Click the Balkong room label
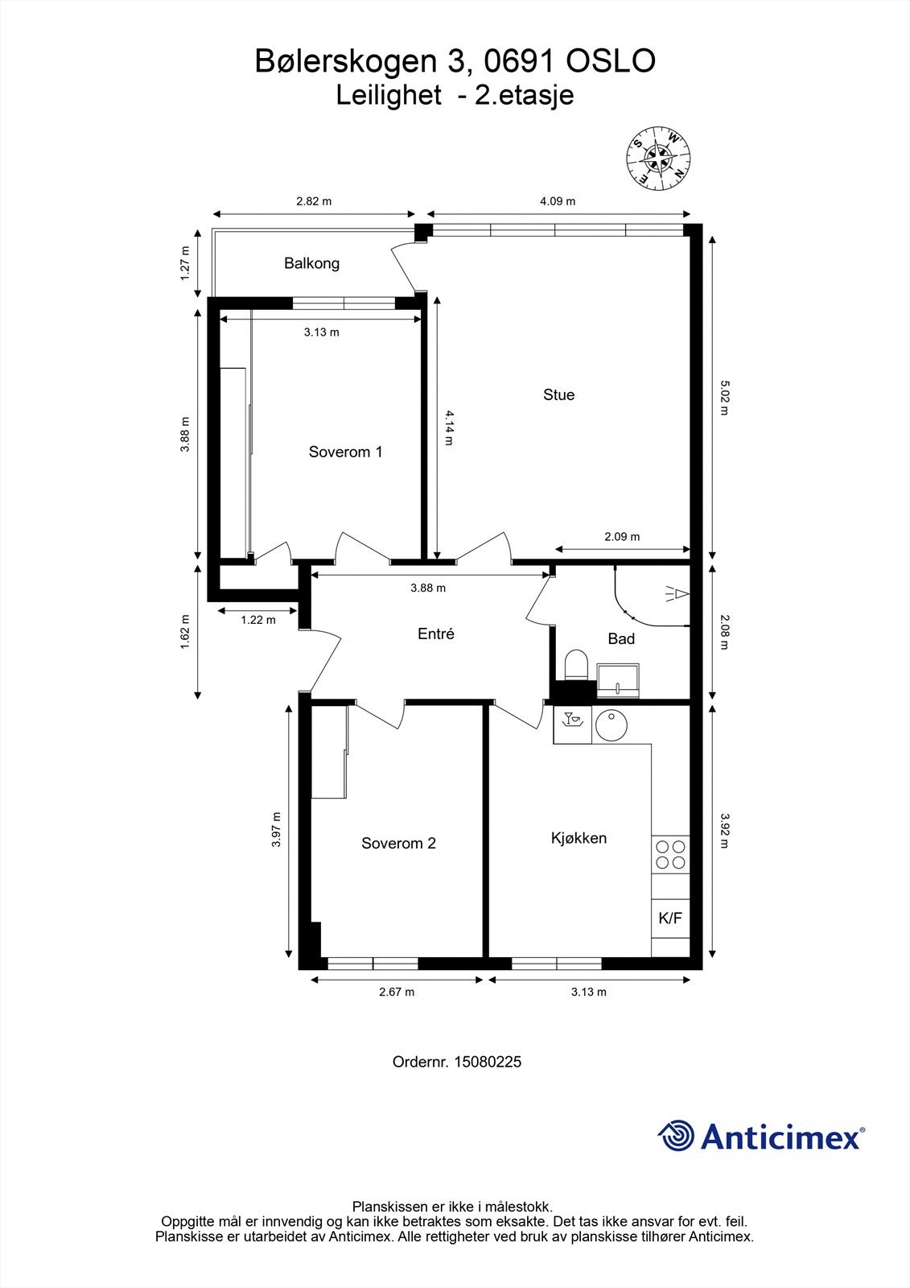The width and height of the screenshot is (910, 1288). click(311, 263)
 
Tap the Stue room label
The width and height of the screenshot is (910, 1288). click(558, 394)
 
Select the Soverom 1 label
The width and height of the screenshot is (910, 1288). click(345, 452)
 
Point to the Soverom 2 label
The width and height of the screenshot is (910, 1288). click(398, 844)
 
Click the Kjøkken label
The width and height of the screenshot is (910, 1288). click(579, 838)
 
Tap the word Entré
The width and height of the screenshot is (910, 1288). click(436, 634)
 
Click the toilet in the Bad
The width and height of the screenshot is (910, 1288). click(577, 665)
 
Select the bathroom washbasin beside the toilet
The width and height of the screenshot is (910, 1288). click(617, 679)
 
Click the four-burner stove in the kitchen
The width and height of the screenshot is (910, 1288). click(670, 855)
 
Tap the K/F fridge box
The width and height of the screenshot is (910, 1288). click(670, 919)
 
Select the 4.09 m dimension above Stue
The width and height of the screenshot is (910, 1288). click(558, 201)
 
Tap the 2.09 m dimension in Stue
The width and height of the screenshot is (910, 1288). click(622, 537)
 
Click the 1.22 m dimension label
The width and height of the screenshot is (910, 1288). click(258, 620)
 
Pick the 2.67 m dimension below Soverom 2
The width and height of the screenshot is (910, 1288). click(397, 992)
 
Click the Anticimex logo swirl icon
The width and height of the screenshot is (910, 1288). click(677, 1136)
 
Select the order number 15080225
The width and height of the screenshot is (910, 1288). click(488, 1062)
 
